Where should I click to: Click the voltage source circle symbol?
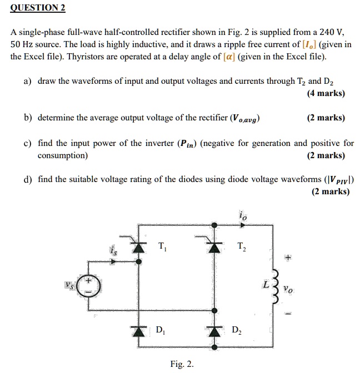tap(91, 286)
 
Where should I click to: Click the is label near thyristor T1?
tap(113, 251)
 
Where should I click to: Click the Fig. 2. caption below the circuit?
tap(182, 364)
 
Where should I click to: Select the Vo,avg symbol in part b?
tap(244, 118)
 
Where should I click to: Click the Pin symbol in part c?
tap(186, 143)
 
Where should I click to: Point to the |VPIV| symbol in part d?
tap(338, 179)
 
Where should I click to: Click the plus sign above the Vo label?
tap(287, 258)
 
